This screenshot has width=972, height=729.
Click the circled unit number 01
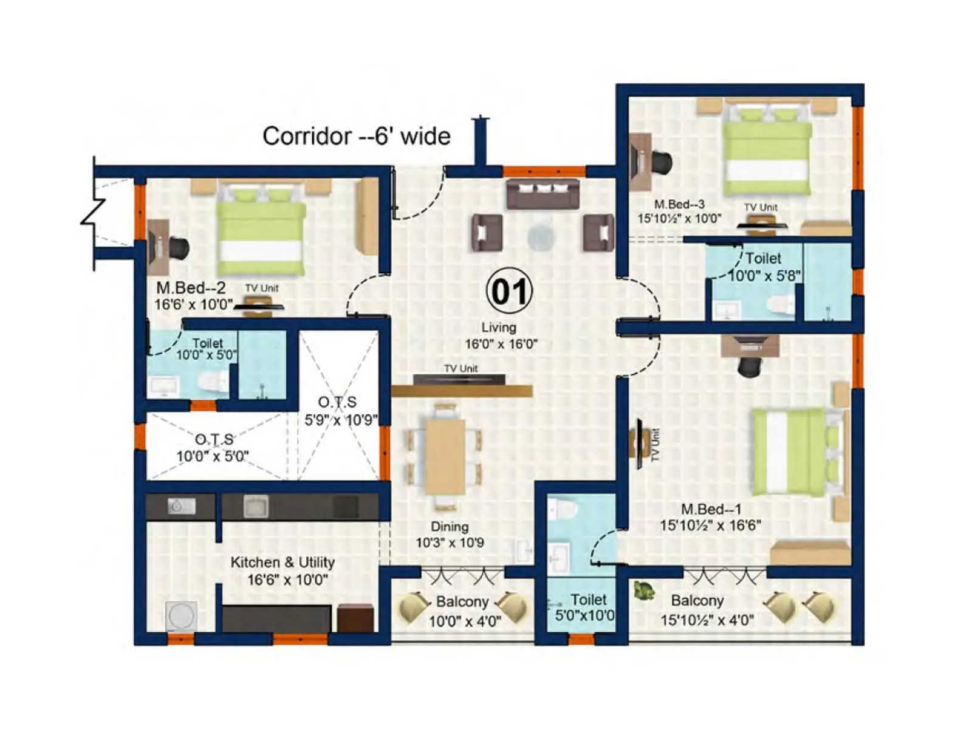pyautogui.click(x=509, y=291)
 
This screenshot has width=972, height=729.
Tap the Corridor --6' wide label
pyautogui.click(x=356, y=136)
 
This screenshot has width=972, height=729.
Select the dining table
pyautogui.click(x=445, y=456)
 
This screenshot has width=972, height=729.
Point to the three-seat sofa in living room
pyautogui.click(x=542, y=193)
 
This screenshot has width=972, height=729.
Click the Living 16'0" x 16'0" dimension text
pyautogui.click(x=501, y=336)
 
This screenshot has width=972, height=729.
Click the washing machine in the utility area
pyautogui.click(x=181, y=615)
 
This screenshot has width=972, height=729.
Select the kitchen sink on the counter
pyautogui.click(x=256, y=506)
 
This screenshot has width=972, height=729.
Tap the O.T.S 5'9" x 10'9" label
pyautogui.click(x=339, y=411)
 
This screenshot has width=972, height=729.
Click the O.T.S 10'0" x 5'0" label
pyautogui.click(x=213, y=448)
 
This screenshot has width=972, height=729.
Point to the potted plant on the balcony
pyautogui.click(x=644, y=590)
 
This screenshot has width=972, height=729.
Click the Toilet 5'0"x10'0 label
pyautogui.click(x=585, y=607)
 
